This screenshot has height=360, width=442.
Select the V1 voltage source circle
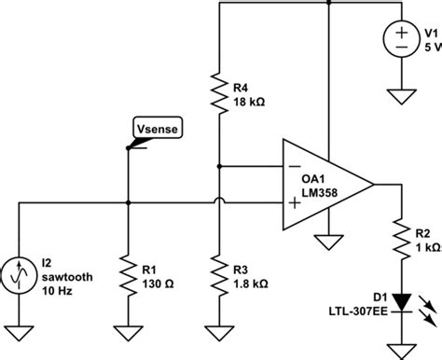tap(401, 39)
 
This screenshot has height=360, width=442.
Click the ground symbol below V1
tap(401, 93)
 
